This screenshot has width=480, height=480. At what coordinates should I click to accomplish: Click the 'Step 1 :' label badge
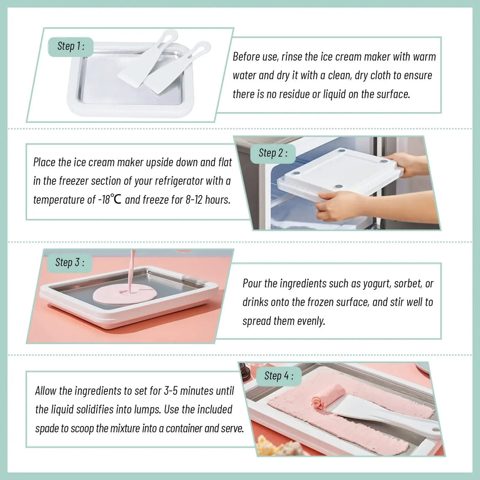point(71,46)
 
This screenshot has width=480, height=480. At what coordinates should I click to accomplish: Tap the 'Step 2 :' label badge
point(273,153)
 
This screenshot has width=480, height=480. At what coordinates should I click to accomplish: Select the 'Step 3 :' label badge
point(70,262)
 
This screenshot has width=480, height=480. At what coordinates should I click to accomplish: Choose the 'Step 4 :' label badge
point(278,376)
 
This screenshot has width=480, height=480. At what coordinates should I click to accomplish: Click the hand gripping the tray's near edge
point(337,206)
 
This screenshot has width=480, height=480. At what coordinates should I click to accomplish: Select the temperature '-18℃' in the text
point(110,199)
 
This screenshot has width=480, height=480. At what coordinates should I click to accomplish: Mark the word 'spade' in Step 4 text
point(49,428)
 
